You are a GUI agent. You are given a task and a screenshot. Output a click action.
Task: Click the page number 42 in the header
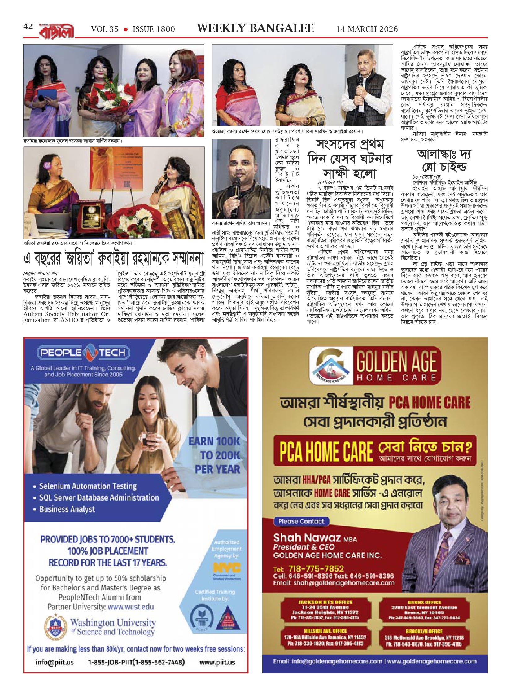coord(28,27)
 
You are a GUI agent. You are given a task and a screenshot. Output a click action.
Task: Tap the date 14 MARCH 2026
coord(367,29)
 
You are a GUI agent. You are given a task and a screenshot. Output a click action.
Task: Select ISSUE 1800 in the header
coord(154,29)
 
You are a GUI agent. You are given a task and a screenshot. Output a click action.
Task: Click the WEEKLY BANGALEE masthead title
coord(255,28)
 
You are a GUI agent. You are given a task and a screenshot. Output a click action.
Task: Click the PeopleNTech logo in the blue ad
coord(83,353)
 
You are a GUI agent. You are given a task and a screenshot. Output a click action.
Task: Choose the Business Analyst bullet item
coord(67,509)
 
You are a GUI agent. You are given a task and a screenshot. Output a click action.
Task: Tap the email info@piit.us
coord(55,662)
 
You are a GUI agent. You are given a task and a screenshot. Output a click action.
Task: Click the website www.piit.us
coord(217,662)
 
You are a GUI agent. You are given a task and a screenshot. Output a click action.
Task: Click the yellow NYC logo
coord(227,568)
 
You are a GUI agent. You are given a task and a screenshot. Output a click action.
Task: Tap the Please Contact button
coord(301,521)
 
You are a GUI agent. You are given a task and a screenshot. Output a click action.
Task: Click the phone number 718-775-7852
coord(316,568)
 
